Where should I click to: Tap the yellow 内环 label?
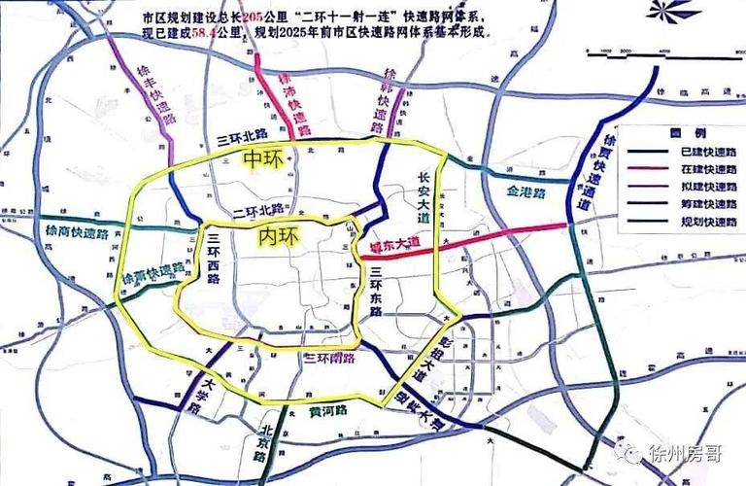pos(279,235)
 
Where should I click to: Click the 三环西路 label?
pos(213,259)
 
